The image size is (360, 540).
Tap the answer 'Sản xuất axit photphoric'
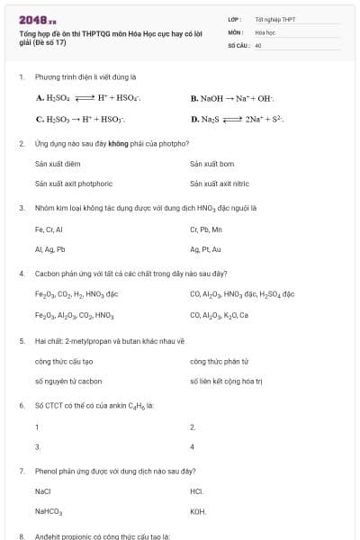click(74, 183)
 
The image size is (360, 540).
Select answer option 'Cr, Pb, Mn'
click(208, 229)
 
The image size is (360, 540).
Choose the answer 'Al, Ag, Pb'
click(49, 248)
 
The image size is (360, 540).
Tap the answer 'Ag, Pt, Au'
click(205, 248)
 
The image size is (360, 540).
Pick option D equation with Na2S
click(238, 118)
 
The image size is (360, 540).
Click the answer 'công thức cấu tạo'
click(64, 362)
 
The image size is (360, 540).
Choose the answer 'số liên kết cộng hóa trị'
click(225, 381)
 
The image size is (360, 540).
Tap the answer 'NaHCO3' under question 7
click(49, 511)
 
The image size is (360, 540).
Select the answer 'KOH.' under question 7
click(198, 511)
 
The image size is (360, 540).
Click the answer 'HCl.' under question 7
click(197, 492)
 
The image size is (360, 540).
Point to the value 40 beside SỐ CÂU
click(258, 43)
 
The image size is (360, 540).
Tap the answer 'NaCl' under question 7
click(43, 492)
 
